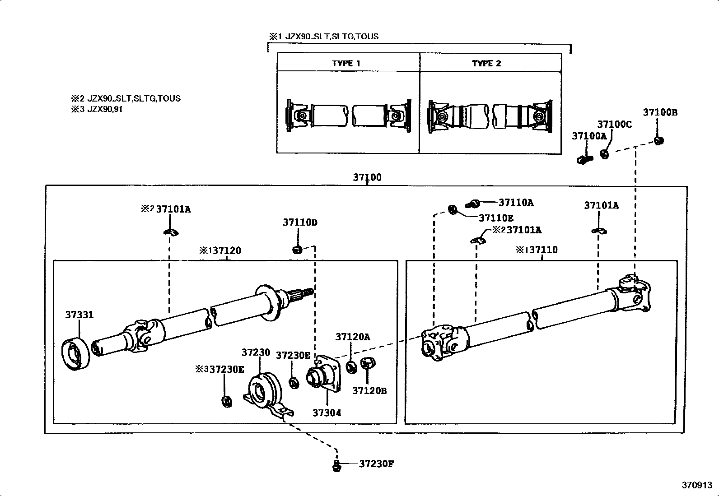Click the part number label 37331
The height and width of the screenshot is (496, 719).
pos(79,315)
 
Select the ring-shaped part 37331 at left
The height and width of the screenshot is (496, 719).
pos(75,355)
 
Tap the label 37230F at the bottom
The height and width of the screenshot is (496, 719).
pos(377,464)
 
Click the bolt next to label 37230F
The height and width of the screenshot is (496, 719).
pos(336,465)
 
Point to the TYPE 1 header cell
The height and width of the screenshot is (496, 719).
pos(346,63)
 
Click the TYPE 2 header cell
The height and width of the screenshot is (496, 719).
pos(486,63)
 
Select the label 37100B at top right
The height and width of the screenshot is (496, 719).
pos(660,113)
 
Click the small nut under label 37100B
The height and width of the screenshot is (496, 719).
pos(659,141)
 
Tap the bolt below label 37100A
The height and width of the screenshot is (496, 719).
pos(584,159)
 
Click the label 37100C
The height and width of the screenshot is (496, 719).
pos(614,125)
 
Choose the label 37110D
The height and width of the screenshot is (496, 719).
pos(300,222)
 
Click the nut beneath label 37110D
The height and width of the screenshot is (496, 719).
pos(297,249)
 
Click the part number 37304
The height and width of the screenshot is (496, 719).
pos(327,413)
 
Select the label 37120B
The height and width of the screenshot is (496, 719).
pos(369,391)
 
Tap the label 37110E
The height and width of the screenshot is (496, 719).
pos(496,218)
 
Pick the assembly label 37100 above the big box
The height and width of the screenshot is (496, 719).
pos(367,177)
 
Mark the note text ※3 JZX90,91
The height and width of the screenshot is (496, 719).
pos(96,109)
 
